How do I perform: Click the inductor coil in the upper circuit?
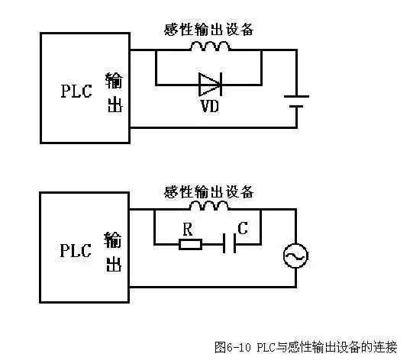click(208, 47)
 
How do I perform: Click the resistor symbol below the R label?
click(190, 244)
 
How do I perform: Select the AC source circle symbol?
click(295, 256)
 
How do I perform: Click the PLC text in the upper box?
click(76, 92)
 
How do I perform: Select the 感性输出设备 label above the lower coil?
click(208, 190)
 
